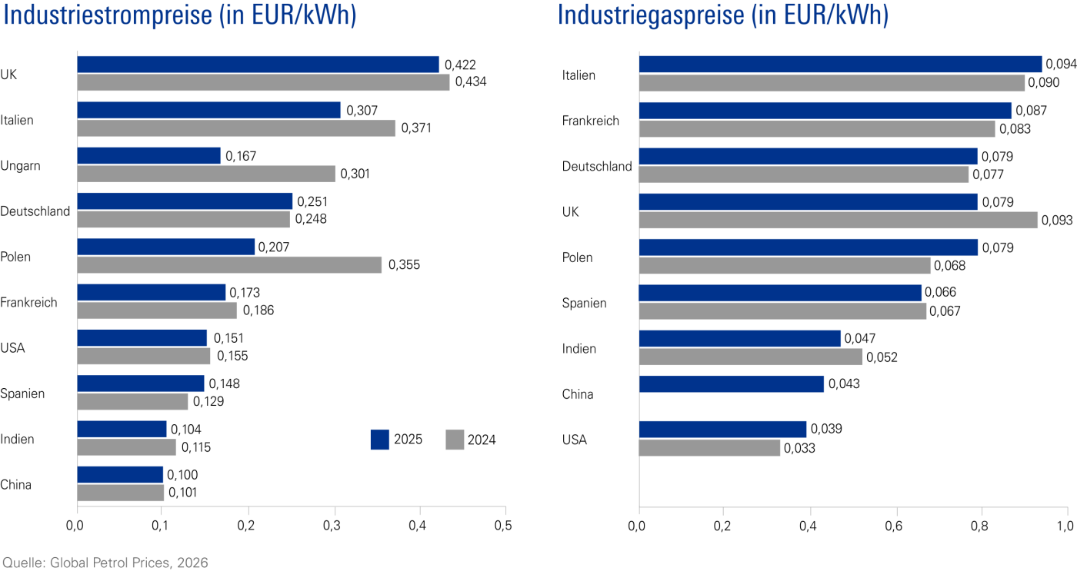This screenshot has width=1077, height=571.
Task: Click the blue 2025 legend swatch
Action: pyautogui.click(x=380, y=440)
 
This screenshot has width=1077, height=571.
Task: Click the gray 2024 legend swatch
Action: pyautogui.click(x=455, y=440)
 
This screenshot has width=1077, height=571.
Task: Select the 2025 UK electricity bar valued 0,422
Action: pyautogui.click(x=258, y=65)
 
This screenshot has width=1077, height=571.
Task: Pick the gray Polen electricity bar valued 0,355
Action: pyautogui.click(x=229, y=265)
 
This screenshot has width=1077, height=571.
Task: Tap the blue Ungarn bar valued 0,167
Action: pyautogui.click(x=148, y=156)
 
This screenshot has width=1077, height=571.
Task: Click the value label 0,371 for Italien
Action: pyautogui.click(x=415, y=128)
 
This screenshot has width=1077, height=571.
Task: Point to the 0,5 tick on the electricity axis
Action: pyautogui.click(x=503, y=526)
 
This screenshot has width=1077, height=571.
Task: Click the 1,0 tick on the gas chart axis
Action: pyautogui.click(x=1065, y=526)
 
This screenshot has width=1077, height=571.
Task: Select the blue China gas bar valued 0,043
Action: pyautogui.click(x=731, y=384)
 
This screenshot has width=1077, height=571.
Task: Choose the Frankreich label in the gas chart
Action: pyautogui.click(x=590, y=121)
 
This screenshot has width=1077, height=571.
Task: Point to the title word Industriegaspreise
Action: pyautogui.click(x=665, y=16)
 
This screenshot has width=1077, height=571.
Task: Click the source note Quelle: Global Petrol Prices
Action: pyautogui.click(x=105, y=563)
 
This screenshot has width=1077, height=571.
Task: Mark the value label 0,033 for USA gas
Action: pyautogui.click(x=800, y=449)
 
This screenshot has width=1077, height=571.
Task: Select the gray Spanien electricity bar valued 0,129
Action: pyautogui.click(x=132, y=402)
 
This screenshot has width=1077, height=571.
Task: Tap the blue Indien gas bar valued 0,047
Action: pyautogui.click(x=739, y=339)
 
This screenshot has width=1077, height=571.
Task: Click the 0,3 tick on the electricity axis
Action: pyautogui.click(x=332, y=526)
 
